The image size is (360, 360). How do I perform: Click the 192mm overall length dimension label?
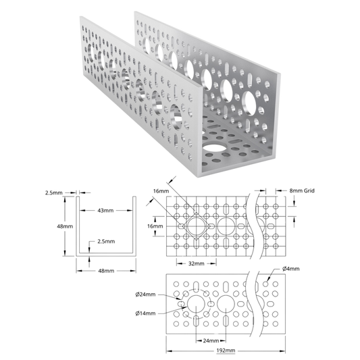pos(226,351)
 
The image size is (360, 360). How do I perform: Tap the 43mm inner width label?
pos(105,210)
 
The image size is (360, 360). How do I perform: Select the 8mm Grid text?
pos(302,190)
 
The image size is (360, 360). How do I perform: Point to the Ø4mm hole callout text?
pos(291,269)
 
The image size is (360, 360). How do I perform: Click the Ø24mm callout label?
pos(145,294)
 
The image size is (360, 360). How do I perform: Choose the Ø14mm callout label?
pos(145,313)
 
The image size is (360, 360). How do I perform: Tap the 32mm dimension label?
pos(197,263)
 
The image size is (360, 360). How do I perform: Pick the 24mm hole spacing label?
pos(211,340)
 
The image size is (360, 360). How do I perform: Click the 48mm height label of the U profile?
pos(65,226)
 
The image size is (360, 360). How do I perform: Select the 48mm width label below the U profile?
pos(106,271)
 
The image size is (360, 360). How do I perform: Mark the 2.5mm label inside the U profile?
pos(106,241)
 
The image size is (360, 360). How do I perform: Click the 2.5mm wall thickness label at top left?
pos(54,193)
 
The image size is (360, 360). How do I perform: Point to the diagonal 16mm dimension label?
pos(161,191)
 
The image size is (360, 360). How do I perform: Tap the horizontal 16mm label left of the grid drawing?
pos(155,226)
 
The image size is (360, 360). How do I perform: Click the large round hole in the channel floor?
pos(214,148)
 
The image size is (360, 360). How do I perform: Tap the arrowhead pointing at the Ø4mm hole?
pos(267,279)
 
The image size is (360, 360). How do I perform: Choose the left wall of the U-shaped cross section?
pos(78,226)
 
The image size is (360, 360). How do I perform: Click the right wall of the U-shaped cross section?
pos(134,226)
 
